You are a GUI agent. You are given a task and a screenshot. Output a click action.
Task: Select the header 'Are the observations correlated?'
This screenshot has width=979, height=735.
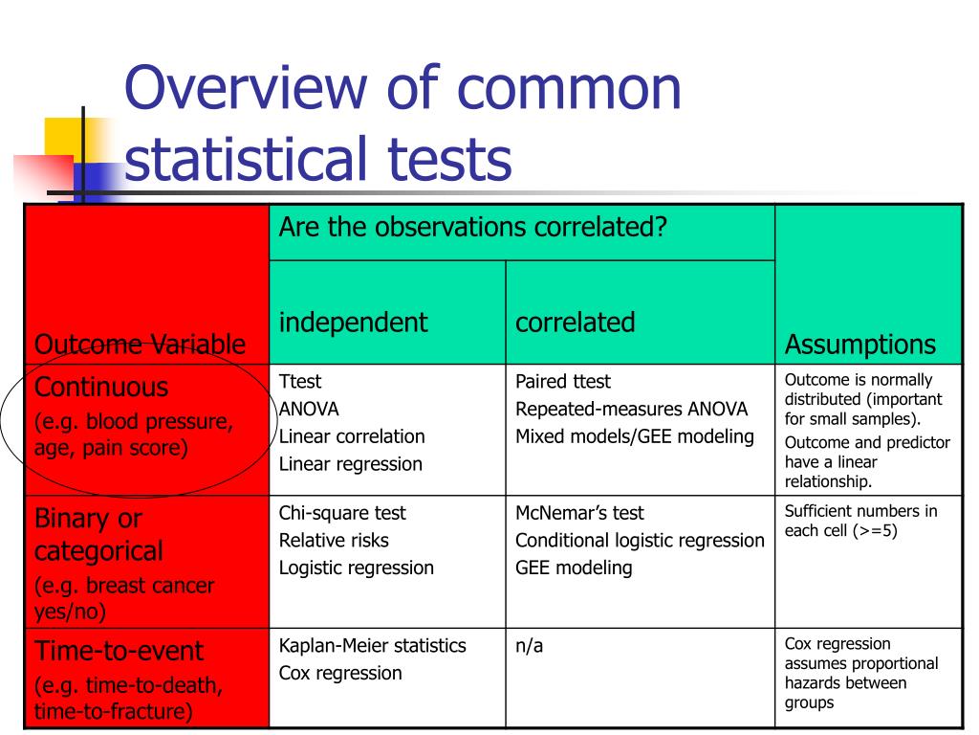[472, 227]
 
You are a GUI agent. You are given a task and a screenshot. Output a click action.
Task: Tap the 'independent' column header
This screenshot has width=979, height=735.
[353, 323]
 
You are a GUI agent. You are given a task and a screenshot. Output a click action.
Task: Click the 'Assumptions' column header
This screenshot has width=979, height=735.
[859, 345]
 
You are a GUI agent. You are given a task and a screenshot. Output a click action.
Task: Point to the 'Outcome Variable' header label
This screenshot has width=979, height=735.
[140, 345]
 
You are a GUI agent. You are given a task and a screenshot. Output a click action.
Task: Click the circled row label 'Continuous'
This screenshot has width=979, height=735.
[101, 388]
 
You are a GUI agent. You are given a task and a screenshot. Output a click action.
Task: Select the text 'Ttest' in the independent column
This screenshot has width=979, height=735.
[299, 382]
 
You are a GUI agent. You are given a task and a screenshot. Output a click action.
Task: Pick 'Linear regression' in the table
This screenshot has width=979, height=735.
[350, 465]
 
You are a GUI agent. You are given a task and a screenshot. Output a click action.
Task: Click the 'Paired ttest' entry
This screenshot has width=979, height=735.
[563, 382]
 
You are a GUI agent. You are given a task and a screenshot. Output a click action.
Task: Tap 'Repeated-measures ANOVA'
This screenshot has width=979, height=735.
[631, 410]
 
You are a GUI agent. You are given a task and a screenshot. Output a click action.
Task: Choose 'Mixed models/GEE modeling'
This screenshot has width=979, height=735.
[635, 437]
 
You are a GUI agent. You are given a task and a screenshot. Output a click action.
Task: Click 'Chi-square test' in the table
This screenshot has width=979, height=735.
[342, 513]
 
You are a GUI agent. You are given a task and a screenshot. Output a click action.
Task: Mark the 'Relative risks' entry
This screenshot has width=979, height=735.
[334, 541]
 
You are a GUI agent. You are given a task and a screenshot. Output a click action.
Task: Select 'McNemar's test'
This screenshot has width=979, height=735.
[579, 513]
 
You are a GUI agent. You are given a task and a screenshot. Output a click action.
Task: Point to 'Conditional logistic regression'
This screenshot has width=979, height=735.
[640, 541]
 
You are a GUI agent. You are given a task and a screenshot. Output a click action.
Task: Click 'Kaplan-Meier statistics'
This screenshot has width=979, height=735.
[372, 646]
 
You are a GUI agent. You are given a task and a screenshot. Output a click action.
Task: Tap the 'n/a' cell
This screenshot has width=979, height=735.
[529, 646]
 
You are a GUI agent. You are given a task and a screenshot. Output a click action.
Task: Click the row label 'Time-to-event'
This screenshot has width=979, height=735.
[119, 652]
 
